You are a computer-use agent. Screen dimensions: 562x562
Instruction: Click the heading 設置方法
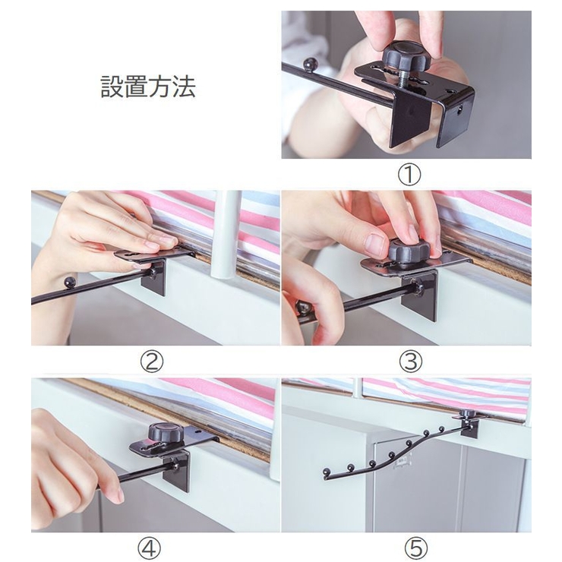click(x=148, y=87)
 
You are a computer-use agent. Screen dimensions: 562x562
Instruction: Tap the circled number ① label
click(x=409, y=175)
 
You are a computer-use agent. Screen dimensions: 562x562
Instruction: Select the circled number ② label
click(x=152, y=362)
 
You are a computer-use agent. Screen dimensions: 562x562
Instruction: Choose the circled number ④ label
click(x=150, y=548)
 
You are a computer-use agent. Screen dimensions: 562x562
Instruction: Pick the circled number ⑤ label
click(x=416, y=548)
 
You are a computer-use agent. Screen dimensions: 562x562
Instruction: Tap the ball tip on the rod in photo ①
click(x=310, y=65)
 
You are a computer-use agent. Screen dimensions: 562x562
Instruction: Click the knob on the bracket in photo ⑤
click(x=468, y=413)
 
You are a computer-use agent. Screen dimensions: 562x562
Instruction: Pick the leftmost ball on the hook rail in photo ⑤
click(x=326, y=472)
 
